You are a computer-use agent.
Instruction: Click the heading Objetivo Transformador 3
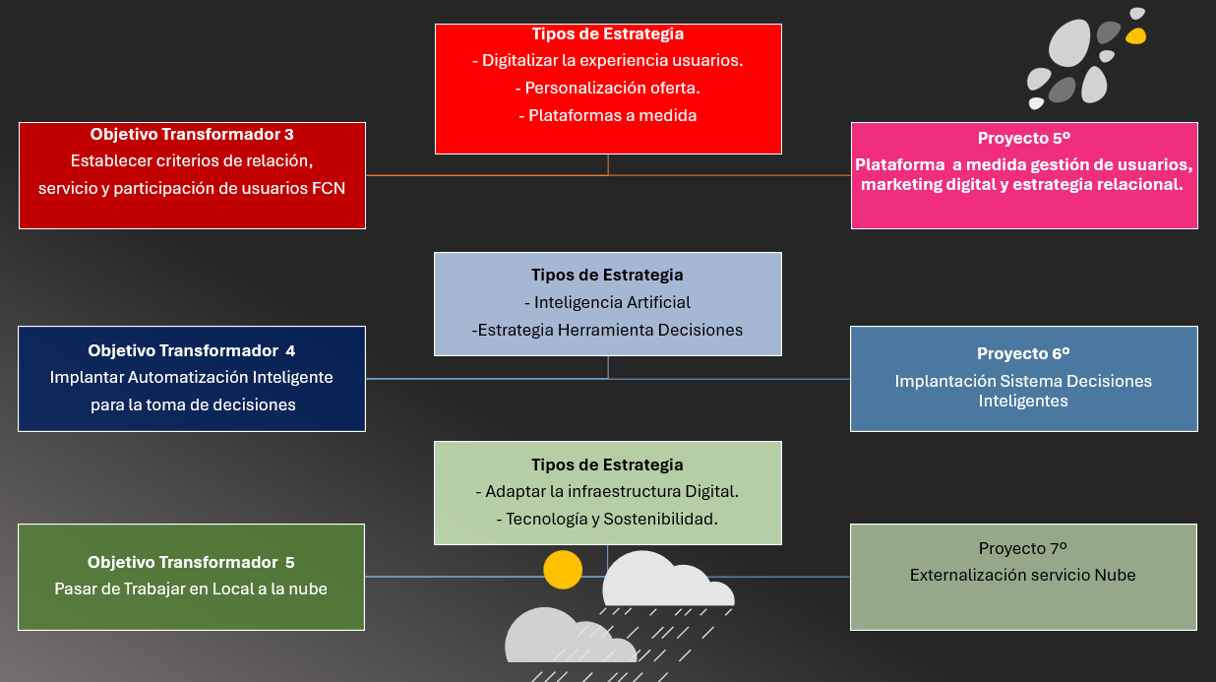[x=192, y=134]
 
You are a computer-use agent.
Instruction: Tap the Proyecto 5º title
[x=1024, y=139]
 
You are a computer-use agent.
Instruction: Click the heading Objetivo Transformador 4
[x=192, y=350]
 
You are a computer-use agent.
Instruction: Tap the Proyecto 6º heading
[x=1023, y=353]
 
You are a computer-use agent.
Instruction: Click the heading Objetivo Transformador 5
[x=191, y=562]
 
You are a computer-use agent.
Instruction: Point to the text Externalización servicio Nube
[x=1023, y=575]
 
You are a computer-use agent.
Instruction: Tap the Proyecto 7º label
[x=1023, y=548]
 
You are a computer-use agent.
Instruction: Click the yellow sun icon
[x=563, y=570]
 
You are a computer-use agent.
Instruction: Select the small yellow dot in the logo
[x=1135, y=37]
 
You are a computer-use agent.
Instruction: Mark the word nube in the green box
[x=307, y=589]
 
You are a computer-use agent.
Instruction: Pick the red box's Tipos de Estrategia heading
[x=608, y=34]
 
